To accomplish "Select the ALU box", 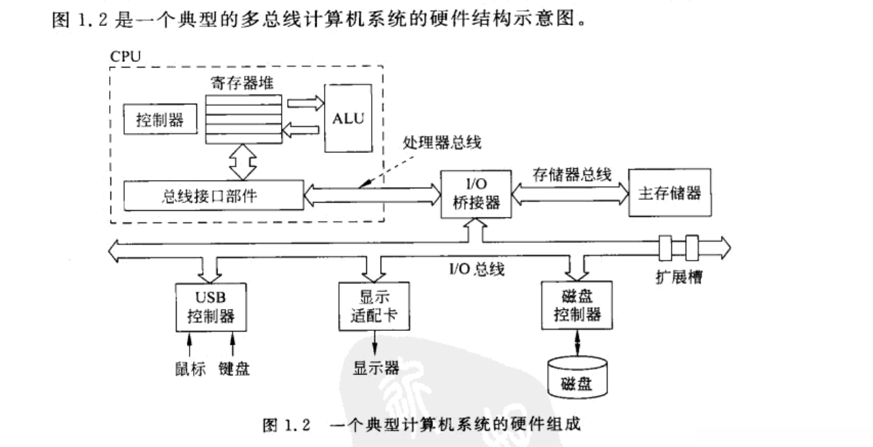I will (x=349, y=119).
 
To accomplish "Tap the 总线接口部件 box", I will (x=213, y=196).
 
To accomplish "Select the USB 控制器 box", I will (x=210, y=307).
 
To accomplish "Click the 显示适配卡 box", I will (x=373, y=307).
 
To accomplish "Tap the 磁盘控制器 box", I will (x=576, y=306).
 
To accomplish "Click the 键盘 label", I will (x=233, y=369).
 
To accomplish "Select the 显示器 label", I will (x=375, y=368).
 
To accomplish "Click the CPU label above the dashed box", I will (x=125, y=55).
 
